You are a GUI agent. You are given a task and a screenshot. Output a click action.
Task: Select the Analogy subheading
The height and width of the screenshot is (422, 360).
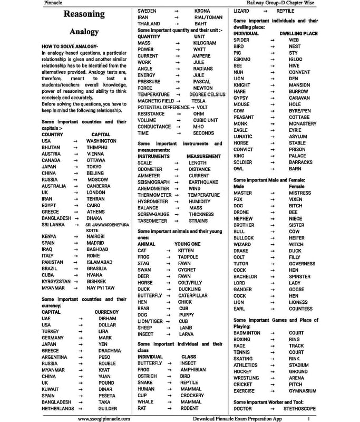(x=84, y=32)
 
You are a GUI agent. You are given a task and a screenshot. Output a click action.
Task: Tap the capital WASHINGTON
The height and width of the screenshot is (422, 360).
(x=101, y=141)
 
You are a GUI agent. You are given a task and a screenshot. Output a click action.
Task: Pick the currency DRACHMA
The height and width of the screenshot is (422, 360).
(x=109, y=351)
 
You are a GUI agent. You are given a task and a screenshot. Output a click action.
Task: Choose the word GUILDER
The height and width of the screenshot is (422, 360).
(x=108, y=408)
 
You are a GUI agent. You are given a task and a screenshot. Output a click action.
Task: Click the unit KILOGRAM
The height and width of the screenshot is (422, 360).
(x=205, y=43)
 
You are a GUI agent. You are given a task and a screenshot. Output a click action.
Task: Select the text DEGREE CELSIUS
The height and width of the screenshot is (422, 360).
(x=207, y=94)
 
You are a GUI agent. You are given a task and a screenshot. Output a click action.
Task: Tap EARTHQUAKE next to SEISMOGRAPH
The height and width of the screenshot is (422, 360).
(x=203, y=182)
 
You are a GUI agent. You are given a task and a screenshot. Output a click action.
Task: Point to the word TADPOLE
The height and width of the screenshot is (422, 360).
(x=188, y=257)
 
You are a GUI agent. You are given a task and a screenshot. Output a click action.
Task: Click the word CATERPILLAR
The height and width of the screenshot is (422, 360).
(x=192, y=296)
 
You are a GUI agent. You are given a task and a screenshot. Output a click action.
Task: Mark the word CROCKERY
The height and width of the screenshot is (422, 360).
(x=192, y=395)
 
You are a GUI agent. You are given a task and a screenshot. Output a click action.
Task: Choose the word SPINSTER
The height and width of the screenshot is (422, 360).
(x=299, y=276)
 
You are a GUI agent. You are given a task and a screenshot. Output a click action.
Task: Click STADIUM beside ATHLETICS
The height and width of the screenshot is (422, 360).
(x=298, y=365)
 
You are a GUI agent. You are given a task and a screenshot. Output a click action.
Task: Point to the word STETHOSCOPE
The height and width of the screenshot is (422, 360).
(x=299, y=408)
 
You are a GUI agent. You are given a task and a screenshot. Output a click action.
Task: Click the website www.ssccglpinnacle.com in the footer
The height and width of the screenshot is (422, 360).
(x=104, y=418)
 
